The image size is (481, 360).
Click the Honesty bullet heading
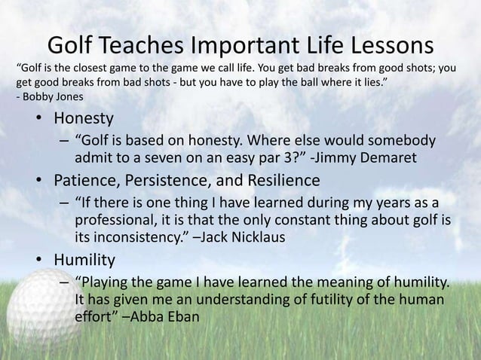click(83, 119)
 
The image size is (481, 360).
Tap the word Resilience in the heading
click(282, 182)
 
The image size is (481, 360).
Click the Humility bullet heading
click(84, 261)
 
